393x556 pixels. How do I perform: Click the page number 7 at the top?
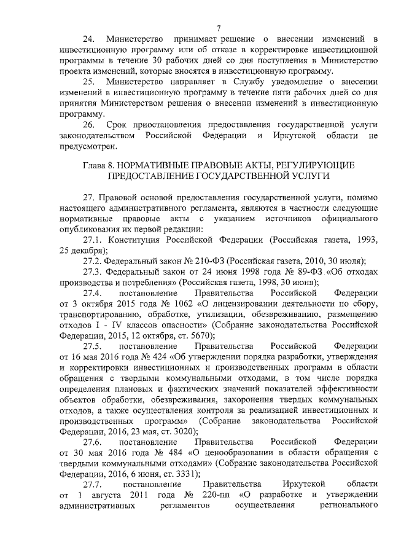219,28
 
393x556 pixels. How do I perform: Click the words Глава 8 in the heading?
98,166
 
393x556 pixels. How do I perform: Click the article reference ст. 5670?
198,335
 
